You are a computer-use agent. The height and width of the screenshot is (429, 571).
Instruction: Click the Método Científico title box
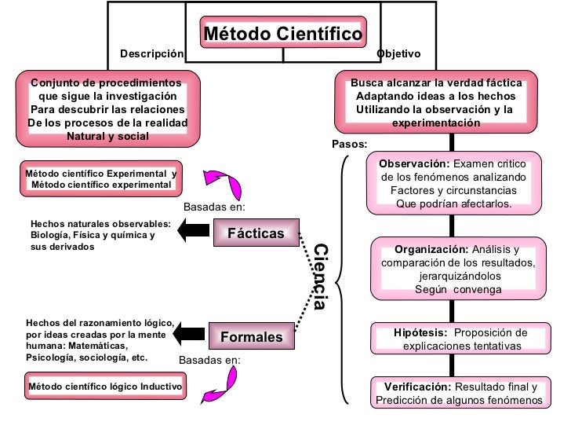coord(283,34)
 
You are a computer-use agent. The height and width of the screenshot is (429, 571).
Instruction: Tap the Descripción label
coord(151,54)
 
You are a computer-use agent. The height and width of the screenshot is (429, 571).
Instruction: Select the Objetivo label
coord(398,54)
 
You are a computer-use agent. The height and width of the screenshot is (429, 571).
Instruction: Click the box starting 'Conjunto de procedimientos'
coord(107,109)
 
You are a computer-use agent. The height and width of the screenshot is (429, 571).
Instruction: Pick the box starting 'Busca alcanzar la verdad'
coord(435,103)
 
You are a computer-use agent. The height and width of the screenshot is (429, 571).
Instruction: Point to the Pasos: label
coord(349,145)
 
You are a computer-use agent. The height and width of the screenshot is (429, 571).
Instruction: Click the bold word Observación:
coord(414,163)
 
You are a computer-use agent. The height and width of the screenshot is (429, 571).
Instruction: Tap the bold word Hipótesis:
coord(420,332)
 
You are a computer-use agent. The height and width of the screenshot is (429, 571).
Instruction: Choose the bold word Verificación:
coord(417,387)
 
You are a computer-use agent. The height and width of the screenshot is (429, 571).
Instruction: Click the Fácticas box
coord(256,233)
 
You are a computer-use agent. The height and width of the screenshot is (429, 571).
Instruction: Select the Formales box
coord(251,336)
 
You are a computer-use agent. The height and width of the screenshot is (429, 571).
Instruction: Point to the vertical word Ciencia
coord(320,277)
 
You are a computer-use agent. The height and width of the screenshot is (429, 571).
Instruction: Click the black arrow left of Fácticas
coord(193,231)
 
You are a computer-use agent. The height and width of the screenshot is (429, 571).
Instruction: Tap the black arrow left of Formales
coord(188,334)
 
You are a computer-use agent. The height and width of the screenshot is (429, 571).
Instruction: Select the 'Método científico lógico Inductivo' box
coord(104,387)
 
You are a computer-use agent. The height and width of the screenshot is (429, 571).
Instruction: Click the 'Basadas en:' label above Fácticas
coord(214,207)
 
